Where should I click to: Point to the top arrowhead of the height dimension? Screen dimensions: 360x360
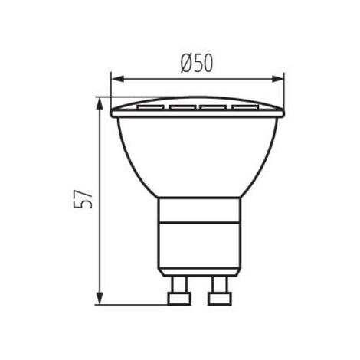click(x=100, y=101)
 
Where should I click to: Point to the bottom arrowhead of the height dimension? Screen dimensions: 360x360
click(x=100, y=299)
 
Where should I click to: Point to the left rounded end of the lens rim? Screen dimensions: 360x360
click(x=114, y=112)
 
